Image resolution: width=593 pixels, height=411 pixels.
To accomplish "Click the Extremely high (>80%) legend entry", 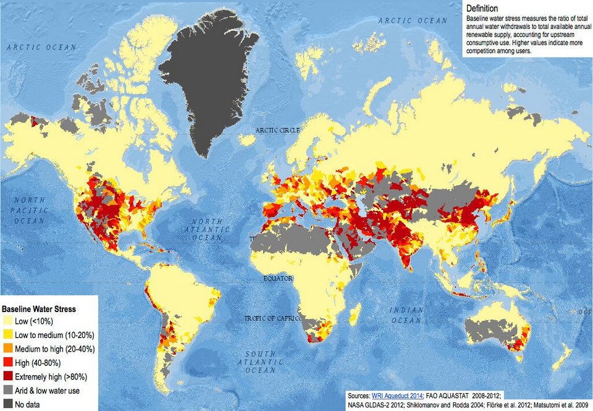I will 53,376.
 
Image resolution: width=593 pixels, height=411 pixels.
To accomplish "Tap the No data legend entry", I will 31,404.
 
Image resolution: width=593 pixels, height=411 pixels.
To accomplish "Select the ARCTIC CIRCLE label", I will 277,130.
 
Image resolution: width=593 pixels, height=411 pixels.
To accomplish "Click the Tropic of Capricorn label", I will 272,318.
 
